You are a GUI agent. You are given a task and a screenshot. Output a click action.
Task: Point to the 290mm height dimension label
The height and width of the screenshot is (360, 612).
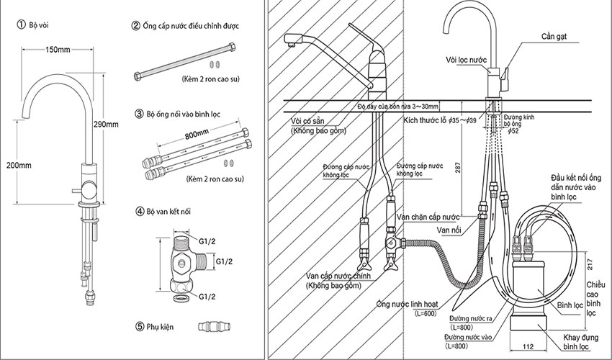[x=106, y=124]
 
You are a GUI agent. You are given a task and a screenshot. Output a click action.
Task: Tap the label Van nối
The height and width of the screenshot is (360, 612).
[x=449, y=230]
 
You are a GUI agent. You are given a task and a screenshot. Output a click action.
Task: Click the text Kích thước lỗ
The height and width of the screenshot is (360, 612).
[x=424, y=120]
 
